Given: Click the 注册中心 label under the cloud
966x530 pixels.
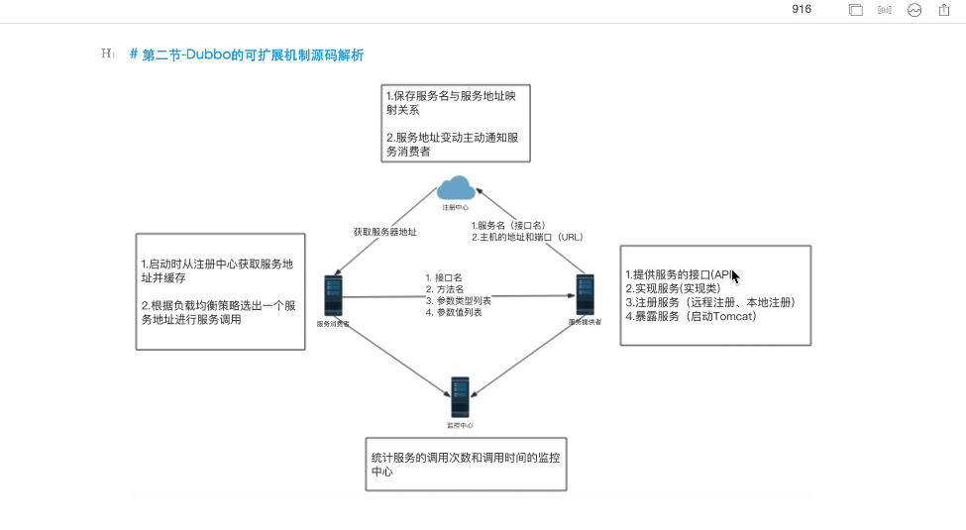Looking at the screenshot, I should (x=456, y=207).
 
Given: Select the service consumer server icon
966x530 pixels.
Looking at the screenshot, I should (x=332, y=296).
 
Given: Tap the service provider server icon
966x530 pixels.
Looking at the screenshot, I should (x=586, y=296).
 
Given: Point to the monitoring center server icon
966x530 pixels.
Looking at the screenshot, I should (x=460, y=397).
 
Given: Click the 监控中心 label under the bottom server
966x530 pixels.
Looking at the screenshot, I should (x=460, y=425).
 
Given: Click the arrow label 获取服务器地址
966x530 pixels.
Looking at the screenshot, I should (x=384, y=232).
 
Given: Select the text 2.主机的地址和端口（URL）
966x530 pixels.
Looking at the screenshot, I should (x=527, y=237).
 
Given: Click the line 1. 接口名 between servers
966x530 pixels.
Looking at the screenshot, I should (x=445, y=277).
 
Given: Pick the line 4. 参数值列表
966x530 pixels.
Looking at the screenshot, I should (x=453, y=312).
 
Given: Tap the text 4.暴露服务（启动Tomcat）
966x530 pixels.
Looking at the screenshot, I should (x=691, y=316).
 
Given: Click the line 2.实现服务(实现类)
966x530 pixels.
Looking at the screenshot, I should (x=672, y=287).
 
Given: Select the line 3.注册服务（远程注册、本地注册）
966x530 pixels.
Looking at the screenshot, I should (x=710, y=301).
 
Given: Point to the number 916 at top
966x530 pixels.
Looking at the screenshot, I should (x=802, y=9).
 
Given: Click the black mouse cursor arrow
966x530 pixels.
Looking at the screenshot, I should (x=735, y=276).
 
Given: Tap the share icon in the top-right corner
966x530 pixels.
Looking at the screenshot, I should (x=944, y=10).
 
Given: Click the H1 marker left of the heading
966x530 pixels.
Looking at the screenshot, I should (x=108, y=54).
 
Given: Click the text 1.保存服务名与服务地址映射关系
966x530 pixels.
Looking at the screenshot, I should (x=452, y=103).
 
